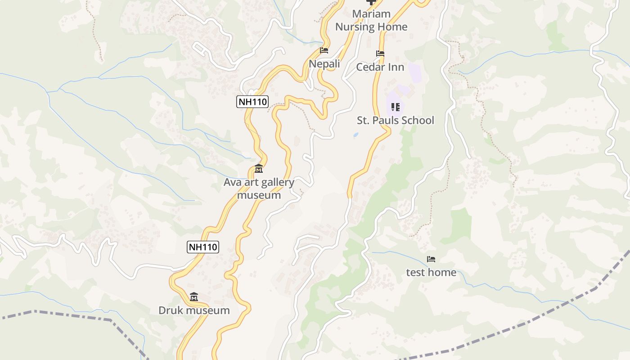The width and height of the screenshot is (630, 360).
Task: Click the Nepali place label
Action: point(324,64)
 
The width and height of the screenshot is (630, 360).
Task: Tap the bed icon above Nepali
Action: point(324,50)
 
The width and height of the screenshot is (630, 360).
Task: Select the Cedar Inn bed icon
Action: point(380,54)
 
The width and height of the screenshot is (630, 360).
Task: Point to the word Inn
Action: point(396,67)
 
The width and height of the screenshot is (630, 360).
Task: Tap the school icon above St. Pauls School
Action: point(396,107)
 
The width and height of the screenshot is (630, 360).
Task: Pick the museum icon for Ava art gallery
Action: point(259,169)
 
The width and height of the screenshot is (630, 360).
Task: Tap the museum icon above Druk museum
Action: point(194,297)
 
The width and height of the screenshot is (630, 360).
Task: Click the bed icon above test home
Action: point(431,259)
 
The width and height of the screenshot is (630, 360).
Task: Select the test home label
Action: point(431,272)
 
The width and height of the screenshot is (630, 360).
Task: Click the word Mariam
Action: point(371,14)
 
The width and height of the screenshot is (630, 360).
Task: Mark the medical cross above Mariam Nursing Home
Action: point(371,2)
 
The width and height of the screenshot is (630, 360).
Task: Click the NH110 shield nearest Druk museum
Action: point(203,247)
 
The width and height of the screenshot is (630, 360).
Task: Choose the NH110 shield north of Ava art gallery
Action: point(252,102)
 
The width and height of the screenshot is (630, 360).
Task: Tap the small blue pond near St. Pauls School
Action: point(356,135)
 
